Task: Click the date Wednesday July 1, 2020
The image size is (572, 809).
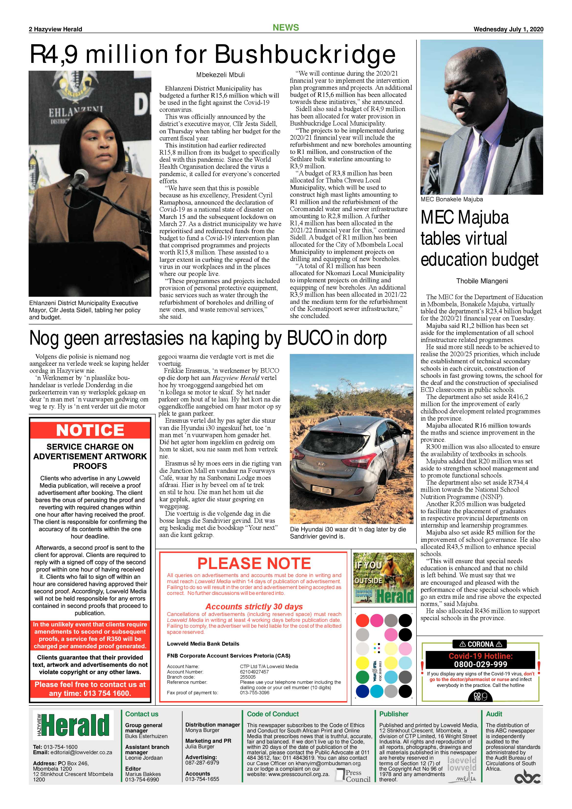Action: click(x=508, y=29)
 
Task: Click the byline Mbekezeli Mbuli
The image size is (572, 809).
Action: click(x=221, y=75)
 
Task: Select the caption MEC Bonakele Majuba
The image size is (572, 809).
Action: click(x=451, y=199)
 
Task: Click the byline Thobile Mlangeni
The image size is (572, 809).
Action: click(x=482, y=281)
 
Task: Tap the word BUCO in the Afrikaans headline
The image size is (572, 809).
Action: click(x=310, y=338)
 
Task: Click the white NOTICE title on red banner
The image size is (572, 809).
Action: click(x=90, y=430)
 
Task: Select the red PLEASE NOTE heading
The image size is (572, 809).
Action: click(x=254, y=563)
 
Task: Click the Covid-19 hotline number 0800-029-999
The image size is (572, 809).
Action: click(x=481, y=664)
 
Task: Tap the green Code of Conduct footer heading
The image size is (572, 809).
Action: click(x=273, y=714)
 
